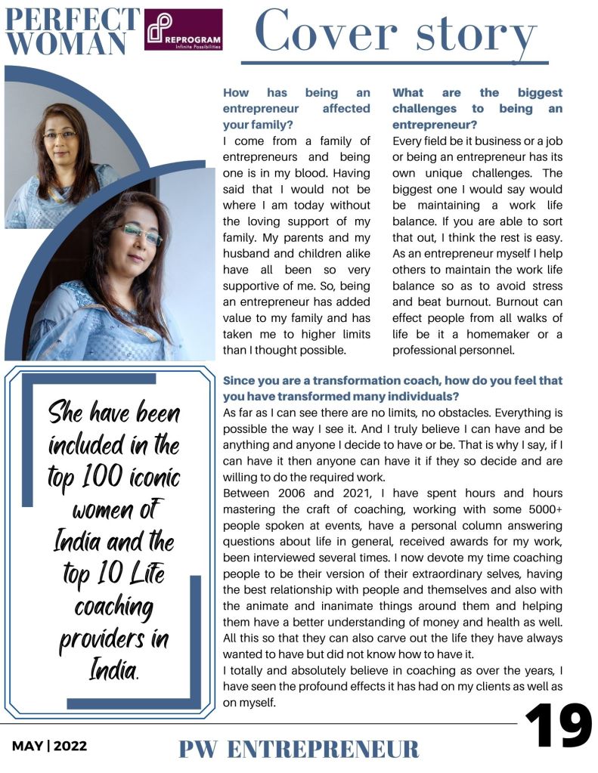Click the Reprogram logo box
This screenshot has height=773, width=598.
pyautogui.click(x=183, y=29)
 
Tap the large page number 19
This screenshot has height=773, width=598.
pyautogui.click(x=558, y=727)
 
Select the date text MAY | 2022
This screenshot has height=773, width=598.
pyautogui.click(x=49, y=746)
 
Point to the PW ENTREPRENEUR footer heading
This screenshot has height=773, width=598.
pyautogui.click(x=299, y=749)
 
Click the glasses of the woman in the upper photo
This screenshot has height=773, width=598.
pyautogui.click(x=60, y=135)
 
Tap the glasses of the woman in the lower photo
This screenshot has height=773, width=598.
pyautogui.click(x=140, y=235)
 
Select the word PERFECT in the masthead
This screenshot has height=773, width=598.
pyautogui.click(x=72, y=19)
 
